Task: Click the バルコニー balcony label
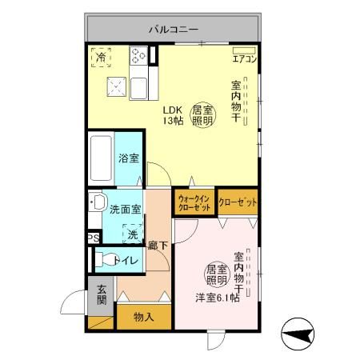173,30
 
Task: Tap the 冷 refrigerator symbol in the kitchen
102,57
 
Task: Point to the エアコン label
243,58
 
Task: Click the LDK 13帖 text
174,115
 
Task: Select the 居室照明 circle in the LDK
202,115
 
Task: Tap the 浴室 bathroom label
128,158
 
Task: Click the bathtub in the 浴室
102,159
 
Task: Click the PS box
93,238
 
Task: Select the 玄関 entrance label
102,295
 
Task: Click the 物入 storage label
143,317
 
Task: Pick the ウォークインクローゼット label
194,202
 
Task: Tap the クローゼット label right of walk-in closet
238,202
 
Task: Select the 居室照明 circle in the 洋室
218,275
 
